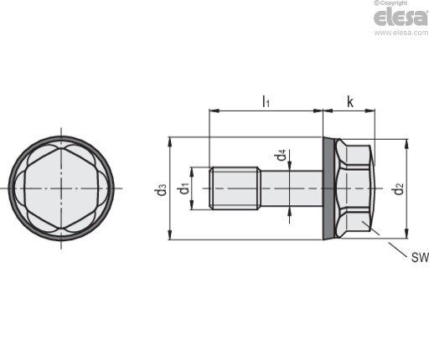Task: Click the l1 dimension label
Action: tap(266, 101)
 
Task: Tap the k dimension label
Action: tap(349, 102)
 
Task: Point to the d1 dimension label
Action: tap(183, 188)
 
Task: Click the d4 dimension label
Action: tap(282, 155)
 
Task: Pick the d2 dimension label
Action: tap(397, 188)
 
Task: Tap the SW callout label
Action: tap(420, 257)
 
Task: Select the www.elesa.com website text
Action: tap(401, 33)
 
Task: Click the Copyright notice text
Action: tap(390, 3)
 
